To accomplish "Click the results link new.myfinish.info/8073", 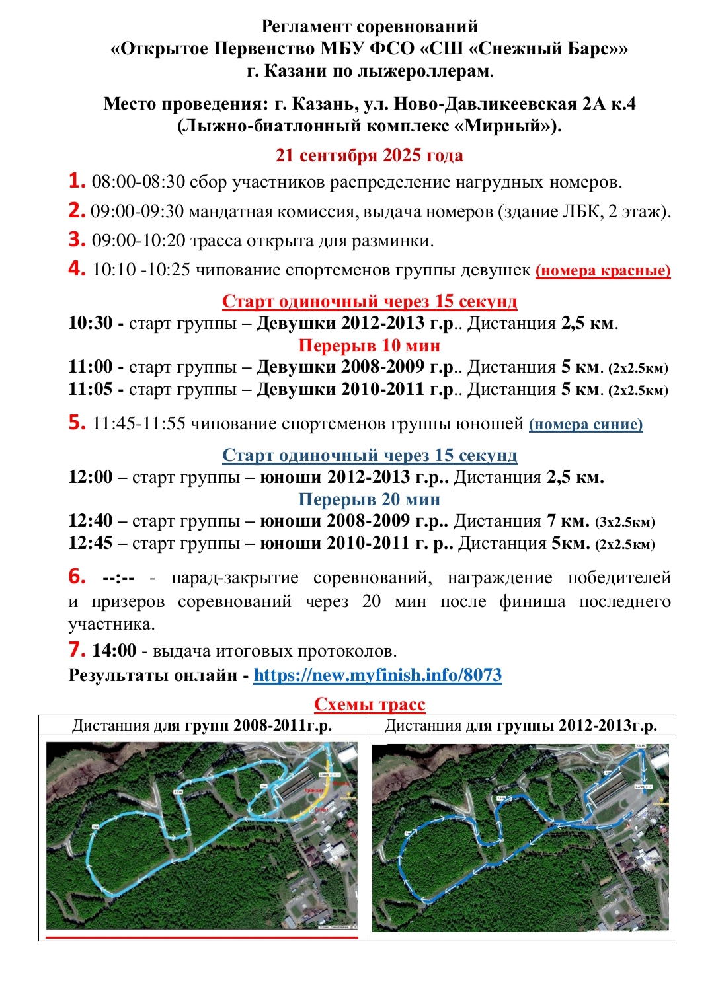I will click(x=377, y=675).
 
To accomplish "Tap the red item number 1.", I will click(x=77, y=180).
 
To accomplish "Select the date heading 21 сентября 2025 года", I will click(x=369, y=155).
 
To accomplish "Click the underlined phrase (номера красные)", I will click(x=603, y=270).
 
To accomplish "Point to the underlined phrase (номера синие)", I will click(x=586, y=424).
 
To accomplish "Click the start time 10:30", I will click(x=90, y=323).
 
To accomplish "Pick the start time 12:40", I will click(x=90, y=521).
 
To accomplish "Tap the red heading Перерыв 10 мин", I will click(x=369, y=346).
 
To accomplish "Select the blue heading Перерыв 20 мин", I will click(x=369, y=499).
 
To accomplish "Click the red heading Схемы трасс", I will click(x=369, y=704).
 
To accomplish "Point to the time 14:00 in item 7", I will click(x=114, y=651).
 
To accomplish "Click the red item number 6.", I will click(x=77, y=576).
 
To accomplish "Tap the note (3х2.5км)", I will click(x=625, y=522).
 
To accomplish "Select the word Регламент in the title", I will click(x=306, y=26).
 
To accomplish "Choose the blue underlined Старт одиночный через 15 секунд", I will click(x=369, y=455).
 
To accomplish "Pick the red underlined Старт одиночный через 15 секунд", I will click(x=369, y=301).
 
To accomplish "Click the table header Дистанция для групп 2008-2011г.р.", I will click(x=202, y=725).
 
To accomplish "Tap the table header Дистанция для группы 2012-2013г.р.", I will click(x=521, y=725).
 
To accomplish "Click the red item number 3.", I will click(x=77, y=239).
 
